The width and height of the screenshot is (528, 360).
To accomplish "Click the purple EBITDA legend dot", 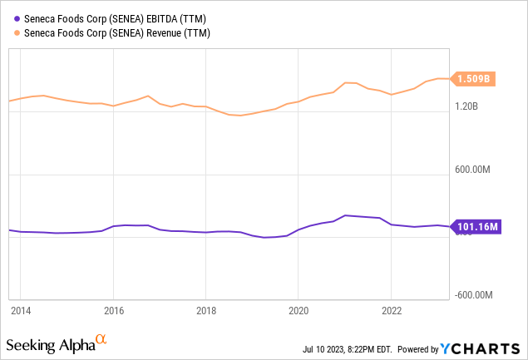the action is click(17, 19).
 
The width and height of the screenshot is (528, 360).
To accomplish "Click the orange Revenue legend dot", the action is click(17, 33).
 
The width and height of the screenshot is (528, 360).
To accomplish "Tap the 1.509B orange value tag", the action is click(473, 79).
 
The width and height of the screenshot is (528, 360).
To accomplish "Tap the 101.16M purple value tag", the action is click(476, 227).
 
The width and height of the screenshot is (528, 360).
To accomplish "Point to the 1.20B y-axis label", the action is click(466, 106).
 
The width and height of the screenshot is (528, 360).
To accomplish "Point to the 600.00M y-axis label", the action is click(472, 169).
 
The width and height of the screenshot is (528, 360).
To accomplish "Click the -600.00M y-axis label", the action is click(473, 295).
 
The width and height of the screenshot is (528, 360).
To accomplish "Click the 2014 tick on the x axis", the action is click(21, 310).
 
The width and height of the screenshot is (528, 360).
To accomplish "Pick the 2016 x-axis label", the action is click(114, 310).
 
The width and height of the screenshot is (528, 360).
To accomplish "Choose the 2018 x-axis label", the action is click(206, 310).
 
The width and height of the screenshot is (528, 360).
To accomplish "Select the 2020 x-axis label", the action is click(299, 310).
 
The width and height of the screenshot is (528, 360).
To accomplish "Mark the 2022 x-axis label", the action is click(392, 310).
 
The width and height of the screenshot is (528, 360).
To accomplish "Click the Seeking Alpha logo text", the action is click(51, 346).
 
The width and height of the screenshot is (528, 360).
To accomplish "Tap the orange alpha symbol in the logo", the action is click(101, 338).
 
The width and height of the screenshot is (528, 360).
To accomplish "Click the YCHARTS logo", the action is click(480, 349).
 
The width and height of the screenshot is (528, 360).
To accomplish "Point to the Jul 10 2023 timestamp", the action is click(348, 349).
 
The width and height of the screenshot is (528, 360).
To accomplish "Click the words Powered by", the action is click(418, 349).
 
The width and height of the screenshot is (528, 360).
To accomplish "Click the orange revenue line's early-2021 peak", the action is click(346, 82).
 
